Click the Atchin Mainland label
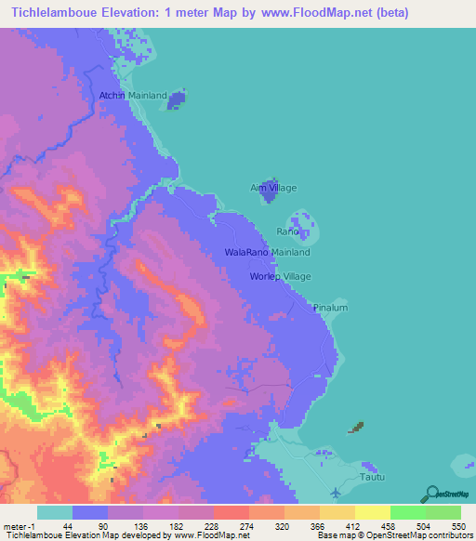[133, 96]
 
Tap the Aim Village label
[273, 188]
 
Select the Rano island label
[287, 231]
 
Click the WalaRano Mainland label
[268, 252]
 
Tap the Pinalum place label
[330, 307]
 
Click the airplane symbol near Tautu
[336, 491]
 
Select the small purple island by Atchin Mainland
[177, 99]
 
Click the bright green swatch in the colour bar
[407, 511]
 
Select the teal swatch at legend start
[55, 511]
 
